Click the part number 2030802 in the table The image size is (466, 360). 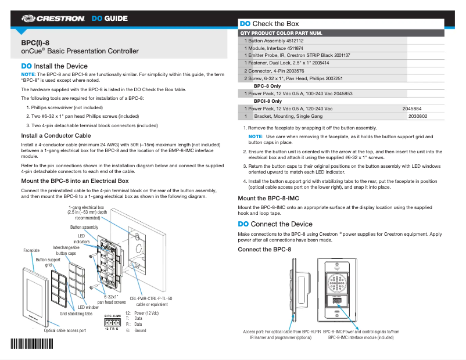point(417,116)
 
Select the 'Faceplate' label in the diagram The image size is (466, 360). point(31,250)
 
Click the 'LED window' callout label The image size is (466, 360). point(88,307)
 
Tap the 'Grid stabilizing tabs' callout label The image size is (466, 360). point(76,314)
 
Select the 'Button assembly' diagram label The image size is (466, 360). point(84,227)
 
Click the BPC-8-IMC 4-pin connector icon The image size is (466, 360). point(112,322)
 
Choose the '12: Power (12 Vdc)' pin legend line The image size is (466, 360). point(142,312)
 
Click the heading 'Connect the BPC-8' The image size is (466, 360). point(264,250)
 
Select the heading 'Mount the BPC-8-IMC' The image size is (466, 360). point(268,199)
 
